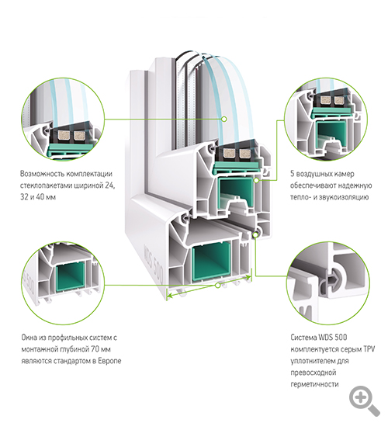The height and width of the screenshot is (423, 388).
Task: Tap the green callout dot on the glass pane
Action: coord(223,119)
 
